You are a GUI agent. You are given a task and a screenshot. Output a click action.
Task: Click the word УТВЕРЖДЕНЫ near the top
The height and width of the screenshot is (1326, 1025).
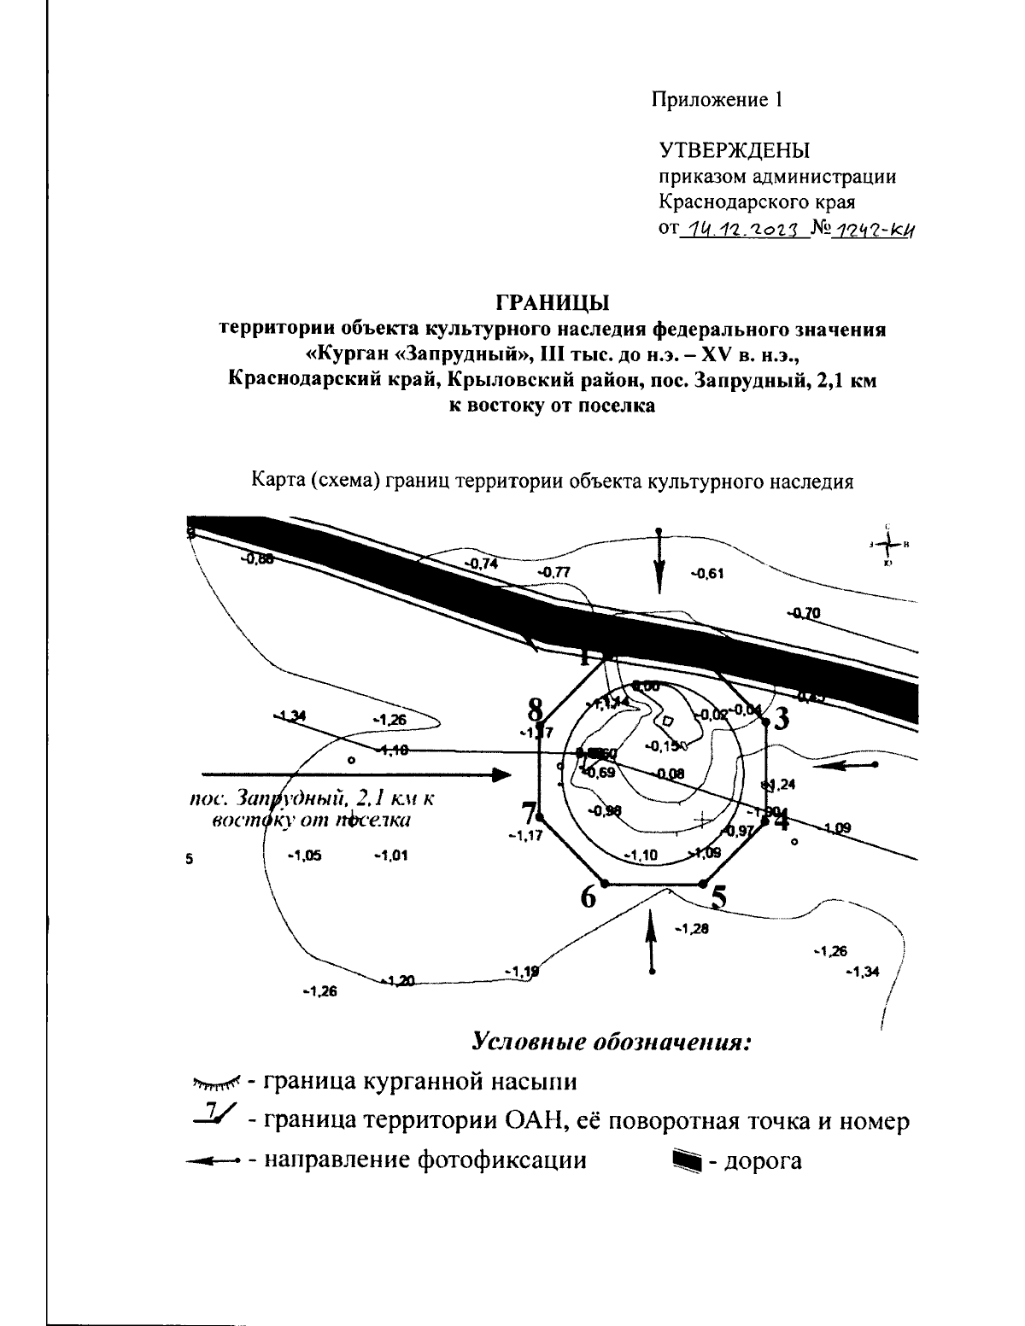pos(734,150)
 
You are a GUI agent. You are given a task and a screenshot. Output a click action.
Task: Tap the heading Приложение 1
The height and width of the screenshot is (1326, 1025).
pos(717,100)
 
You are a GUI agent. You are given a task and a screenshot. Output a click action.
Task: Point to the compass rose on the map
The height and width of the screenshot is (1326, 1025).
pos(888,544)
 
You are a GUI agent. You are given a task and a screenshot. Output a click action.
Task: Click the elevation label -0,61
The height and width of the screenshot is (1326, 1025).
pos(706,573)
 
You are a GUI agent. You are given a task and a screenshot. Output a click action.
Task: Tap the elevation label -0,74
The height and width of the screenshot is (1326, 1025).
pos(480,564)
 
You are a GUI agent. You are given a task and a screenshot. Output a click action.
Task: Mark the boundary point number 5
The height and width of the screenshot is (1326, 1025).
pos(719,897)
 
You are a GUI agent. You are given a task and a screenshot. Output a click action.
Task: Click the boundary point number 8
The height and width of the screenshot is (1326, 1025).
pos(536,708)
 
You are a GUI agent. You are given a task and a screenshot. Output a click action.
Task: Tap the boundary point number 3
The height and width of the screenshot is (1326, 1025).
pos(781,718)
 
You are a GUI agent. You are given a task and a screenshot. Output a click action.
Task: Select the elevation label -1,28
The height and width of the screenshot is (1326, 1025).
pos(691,928)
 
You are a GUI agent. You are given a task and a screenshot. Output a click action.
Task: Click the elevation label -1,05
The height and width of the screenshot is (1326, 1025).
pos(304,856)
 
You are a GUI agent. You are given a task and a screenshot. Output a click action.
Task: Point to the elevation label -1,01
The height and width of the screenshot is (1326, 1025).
pos(390,856)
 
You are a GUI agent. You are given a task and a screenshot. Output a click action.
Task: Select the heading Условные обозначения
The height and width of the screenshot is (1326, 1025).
pos(611,1043)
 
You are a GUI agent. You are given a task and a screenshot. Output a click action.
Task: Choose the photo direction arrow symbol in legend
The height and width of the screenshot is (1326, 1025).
pos(215,1161)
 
